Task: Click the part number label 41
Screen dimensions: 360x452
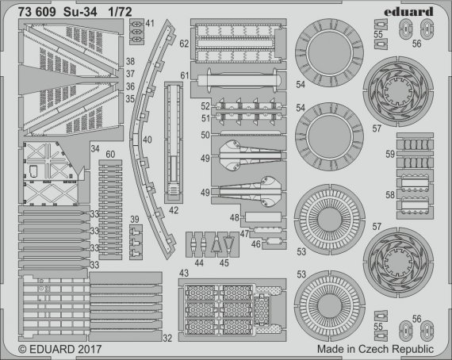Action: (150, 24)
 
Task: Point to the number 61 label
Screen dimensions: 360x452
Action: (184, 75)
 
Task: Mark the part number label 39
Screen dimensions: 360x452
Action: (135, 219)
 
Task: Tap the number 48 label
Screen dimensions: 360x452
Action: (236, 217)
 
